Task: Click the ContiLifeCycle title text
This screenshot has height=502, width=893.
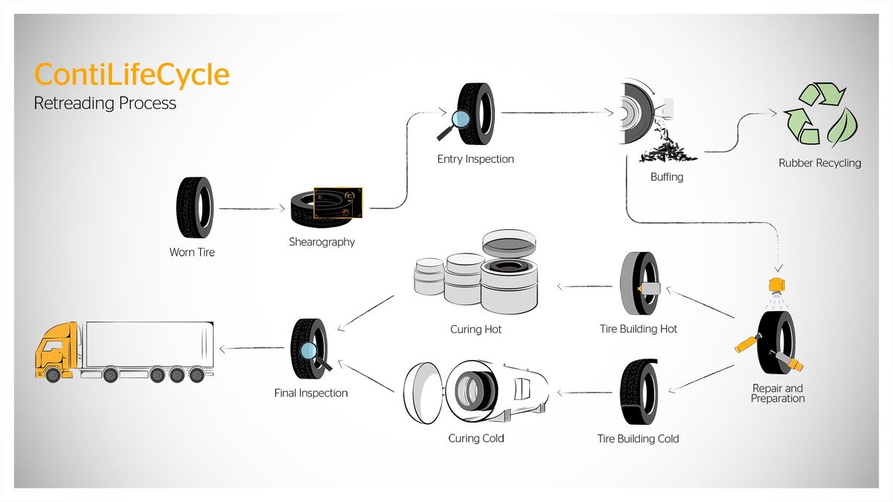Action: [132, 76]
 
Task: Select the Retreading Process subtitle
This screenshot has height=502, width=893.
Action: [105, 103]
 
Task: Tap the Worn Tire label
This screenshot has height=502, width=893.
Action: [192, 252]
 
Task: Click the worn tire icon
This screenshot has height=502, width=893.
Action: [194, 207]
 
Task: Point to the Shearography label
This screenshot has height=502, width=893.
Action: [321, 242]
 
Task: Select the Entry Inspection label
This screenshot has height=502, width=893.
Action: [475, 158]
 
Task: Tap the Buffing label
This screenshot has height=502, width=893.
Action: [666, 178]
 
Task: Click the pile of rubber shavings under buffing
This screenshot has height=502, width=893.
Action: [666, 151]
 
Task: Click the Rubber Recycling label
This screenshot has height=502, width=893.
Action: [819, 163]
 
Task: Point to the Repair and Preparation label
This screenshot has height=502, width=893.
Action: [777, 393]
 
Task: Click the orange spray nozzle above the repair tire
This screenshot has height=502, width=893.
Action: [778, 285]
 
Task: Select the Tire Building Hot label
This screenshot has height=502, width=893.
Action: [638, 329]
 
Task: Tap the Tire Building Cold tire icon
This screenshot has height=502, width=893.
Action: [638, 393]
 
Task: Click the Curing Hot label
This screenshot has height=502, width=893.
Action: [476, 329]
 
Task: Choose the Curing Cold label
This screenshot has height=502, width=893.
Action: [476, 438]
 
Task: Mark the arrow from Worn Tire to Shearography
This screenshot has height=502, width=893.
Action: [252, 210]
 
